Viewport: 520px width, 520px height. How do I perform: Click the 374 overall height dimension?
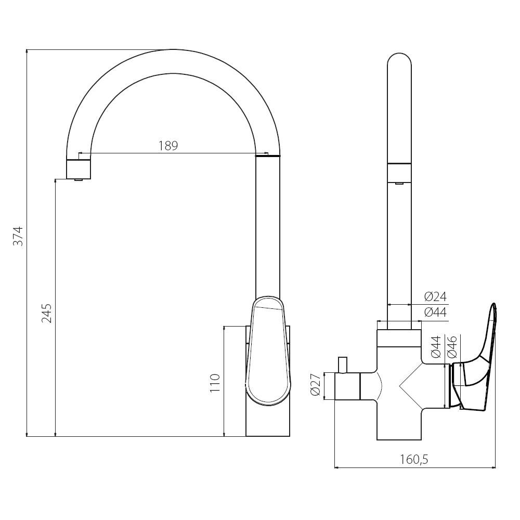(x=19, y=236)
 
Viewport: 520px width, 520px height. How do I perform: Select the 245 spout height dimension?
(x=47, y=313)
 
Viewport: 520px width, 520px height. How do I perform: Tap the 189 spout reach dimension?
(x=168, y=146)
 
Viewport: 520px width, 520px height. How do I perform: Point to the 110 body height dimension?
(x=215, y=383)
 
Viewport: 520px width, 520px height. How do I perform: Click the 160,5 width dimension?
(x=414, y=459)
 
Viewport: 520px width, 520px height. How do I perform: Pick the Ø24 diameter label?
(x=436, y=296)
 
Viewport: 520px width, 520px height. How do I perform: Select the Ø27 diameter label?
(x=316, y=386)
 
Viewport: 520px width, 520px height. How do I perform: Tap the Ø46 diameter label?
(x=452, y=346)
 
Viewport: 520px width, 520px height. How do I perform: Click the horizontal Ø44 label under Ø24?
(x=436, y=313)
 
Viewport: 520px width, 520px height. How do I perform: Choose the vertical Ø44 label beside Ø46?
(x=436, y=346)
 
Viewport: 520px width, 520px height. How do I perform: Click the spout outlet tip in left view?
(x=79, y=179)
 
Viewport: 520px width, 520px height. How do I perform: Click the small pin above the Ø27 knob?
(x=343, y=365)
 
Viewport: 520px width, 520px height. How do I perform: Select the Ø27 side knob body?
(x=347, y=386)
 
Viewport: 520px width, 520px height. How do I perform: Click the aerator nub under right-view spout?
(x=399, y=183)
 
